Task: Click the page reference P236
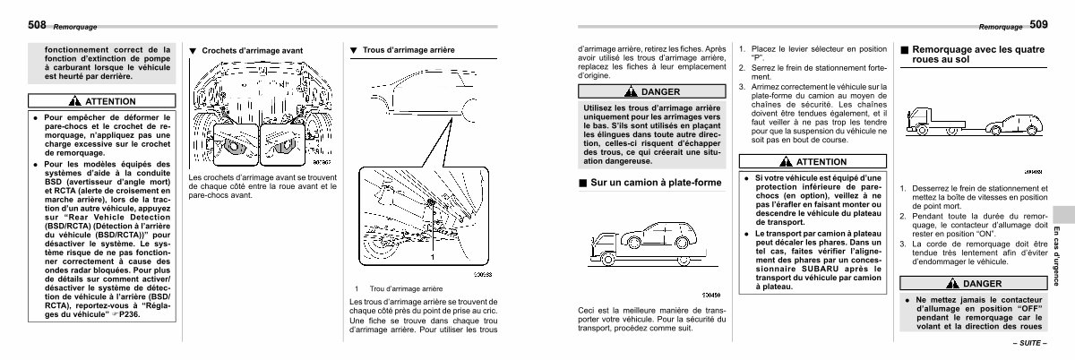(159, 315)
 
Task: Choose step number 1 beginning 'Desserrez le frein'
(905, 188)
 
